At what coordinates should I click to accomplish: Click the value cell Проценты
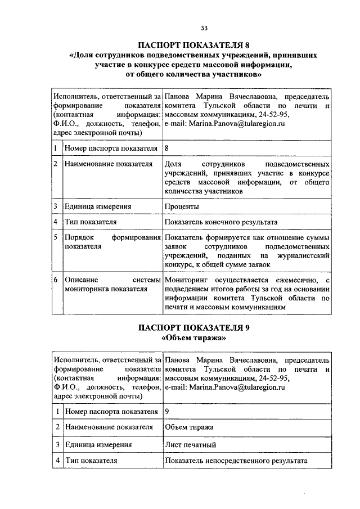(x=182, y=206)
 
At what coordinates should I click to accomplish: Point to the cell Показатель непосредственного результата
(x=236, y=461)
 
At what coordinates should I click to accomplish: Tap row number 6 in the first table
(x=56, y=280)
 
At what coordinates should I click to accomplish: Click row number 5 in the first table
(x=56, y=238)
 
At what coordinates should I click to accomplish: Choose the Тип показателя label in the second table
(x=91, y=461)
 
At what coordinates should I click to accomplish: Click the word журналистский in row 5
(x=302, y=256)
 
